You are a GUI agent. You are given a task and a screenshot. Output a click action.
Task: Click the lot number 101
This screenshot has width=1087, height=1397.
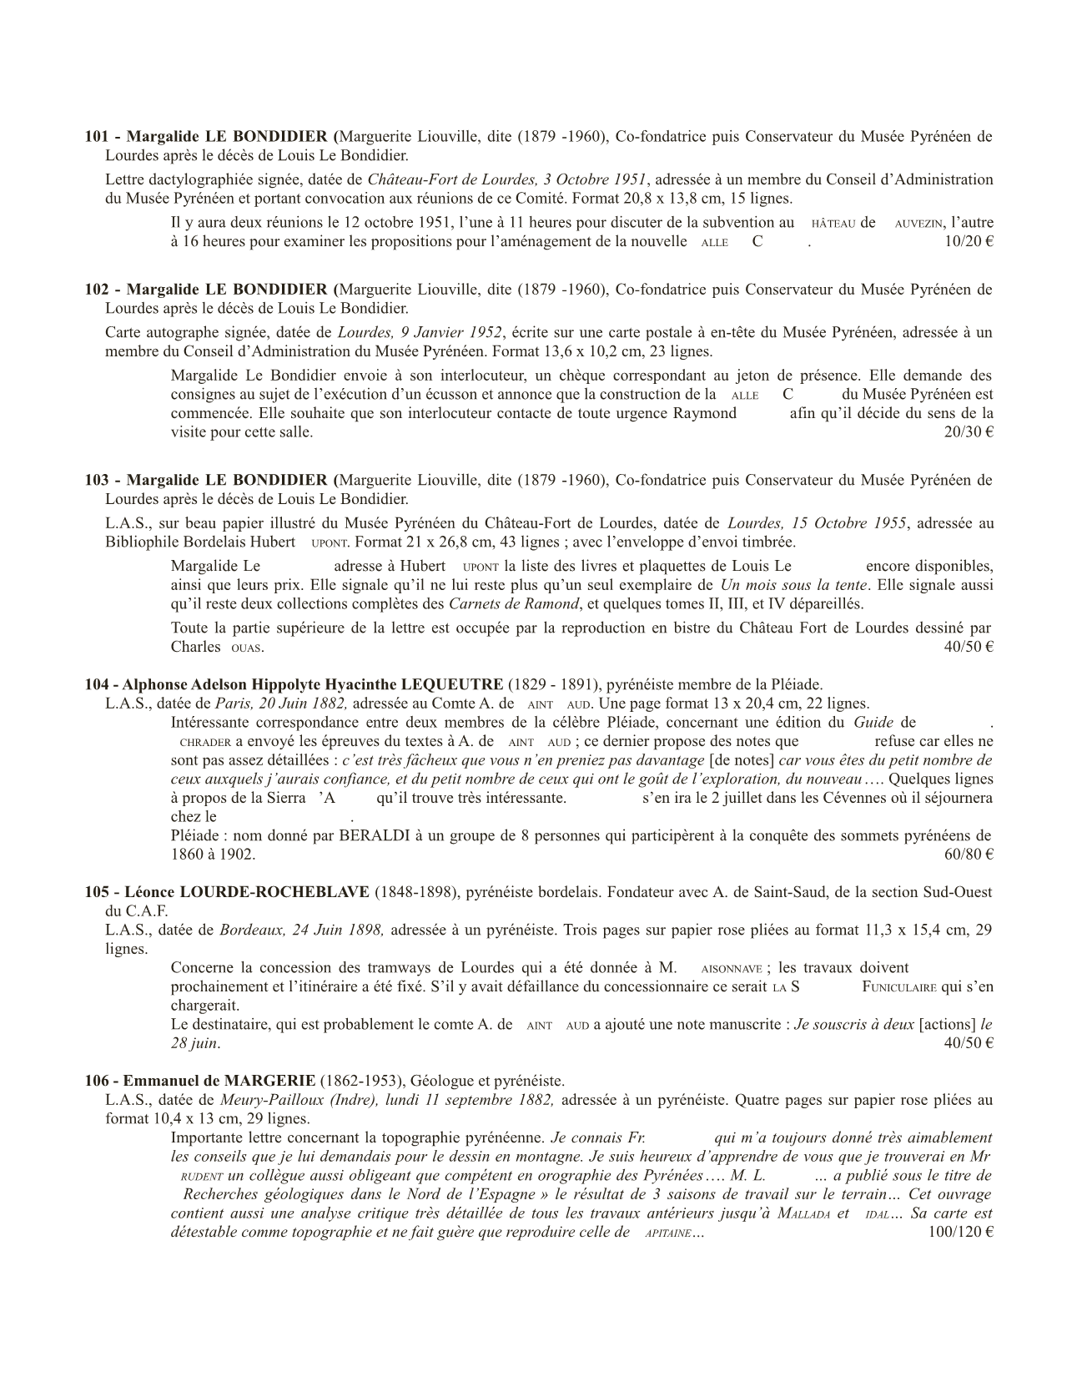click(96, 136)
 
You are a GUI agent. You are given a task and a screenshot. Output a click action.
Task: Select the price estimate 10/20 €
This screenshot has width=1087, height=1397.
click(965, 242)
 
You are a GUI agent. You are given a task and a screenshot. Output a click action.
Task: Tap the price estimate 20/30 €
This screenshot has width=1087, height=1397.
click(965, 432)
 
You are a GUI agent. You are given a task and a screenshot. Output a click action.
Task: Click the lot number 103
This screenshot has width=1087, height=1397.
click(96, 480)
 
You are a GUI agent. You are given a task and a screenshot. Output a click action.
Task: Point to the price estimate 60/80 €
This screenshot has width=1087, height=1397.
click(965, 854)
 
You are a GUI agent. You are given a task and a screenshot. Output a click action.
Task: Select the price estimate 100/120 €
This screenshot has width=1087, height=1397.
click(959, 1233)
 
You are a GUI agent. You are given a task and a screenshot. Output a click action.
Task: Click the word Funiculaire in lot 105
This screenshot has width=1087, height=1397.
click(898, 987)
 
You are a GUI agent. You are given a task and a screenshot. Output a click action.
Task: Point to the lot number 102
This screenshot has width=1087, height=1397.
click(96, 290)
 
